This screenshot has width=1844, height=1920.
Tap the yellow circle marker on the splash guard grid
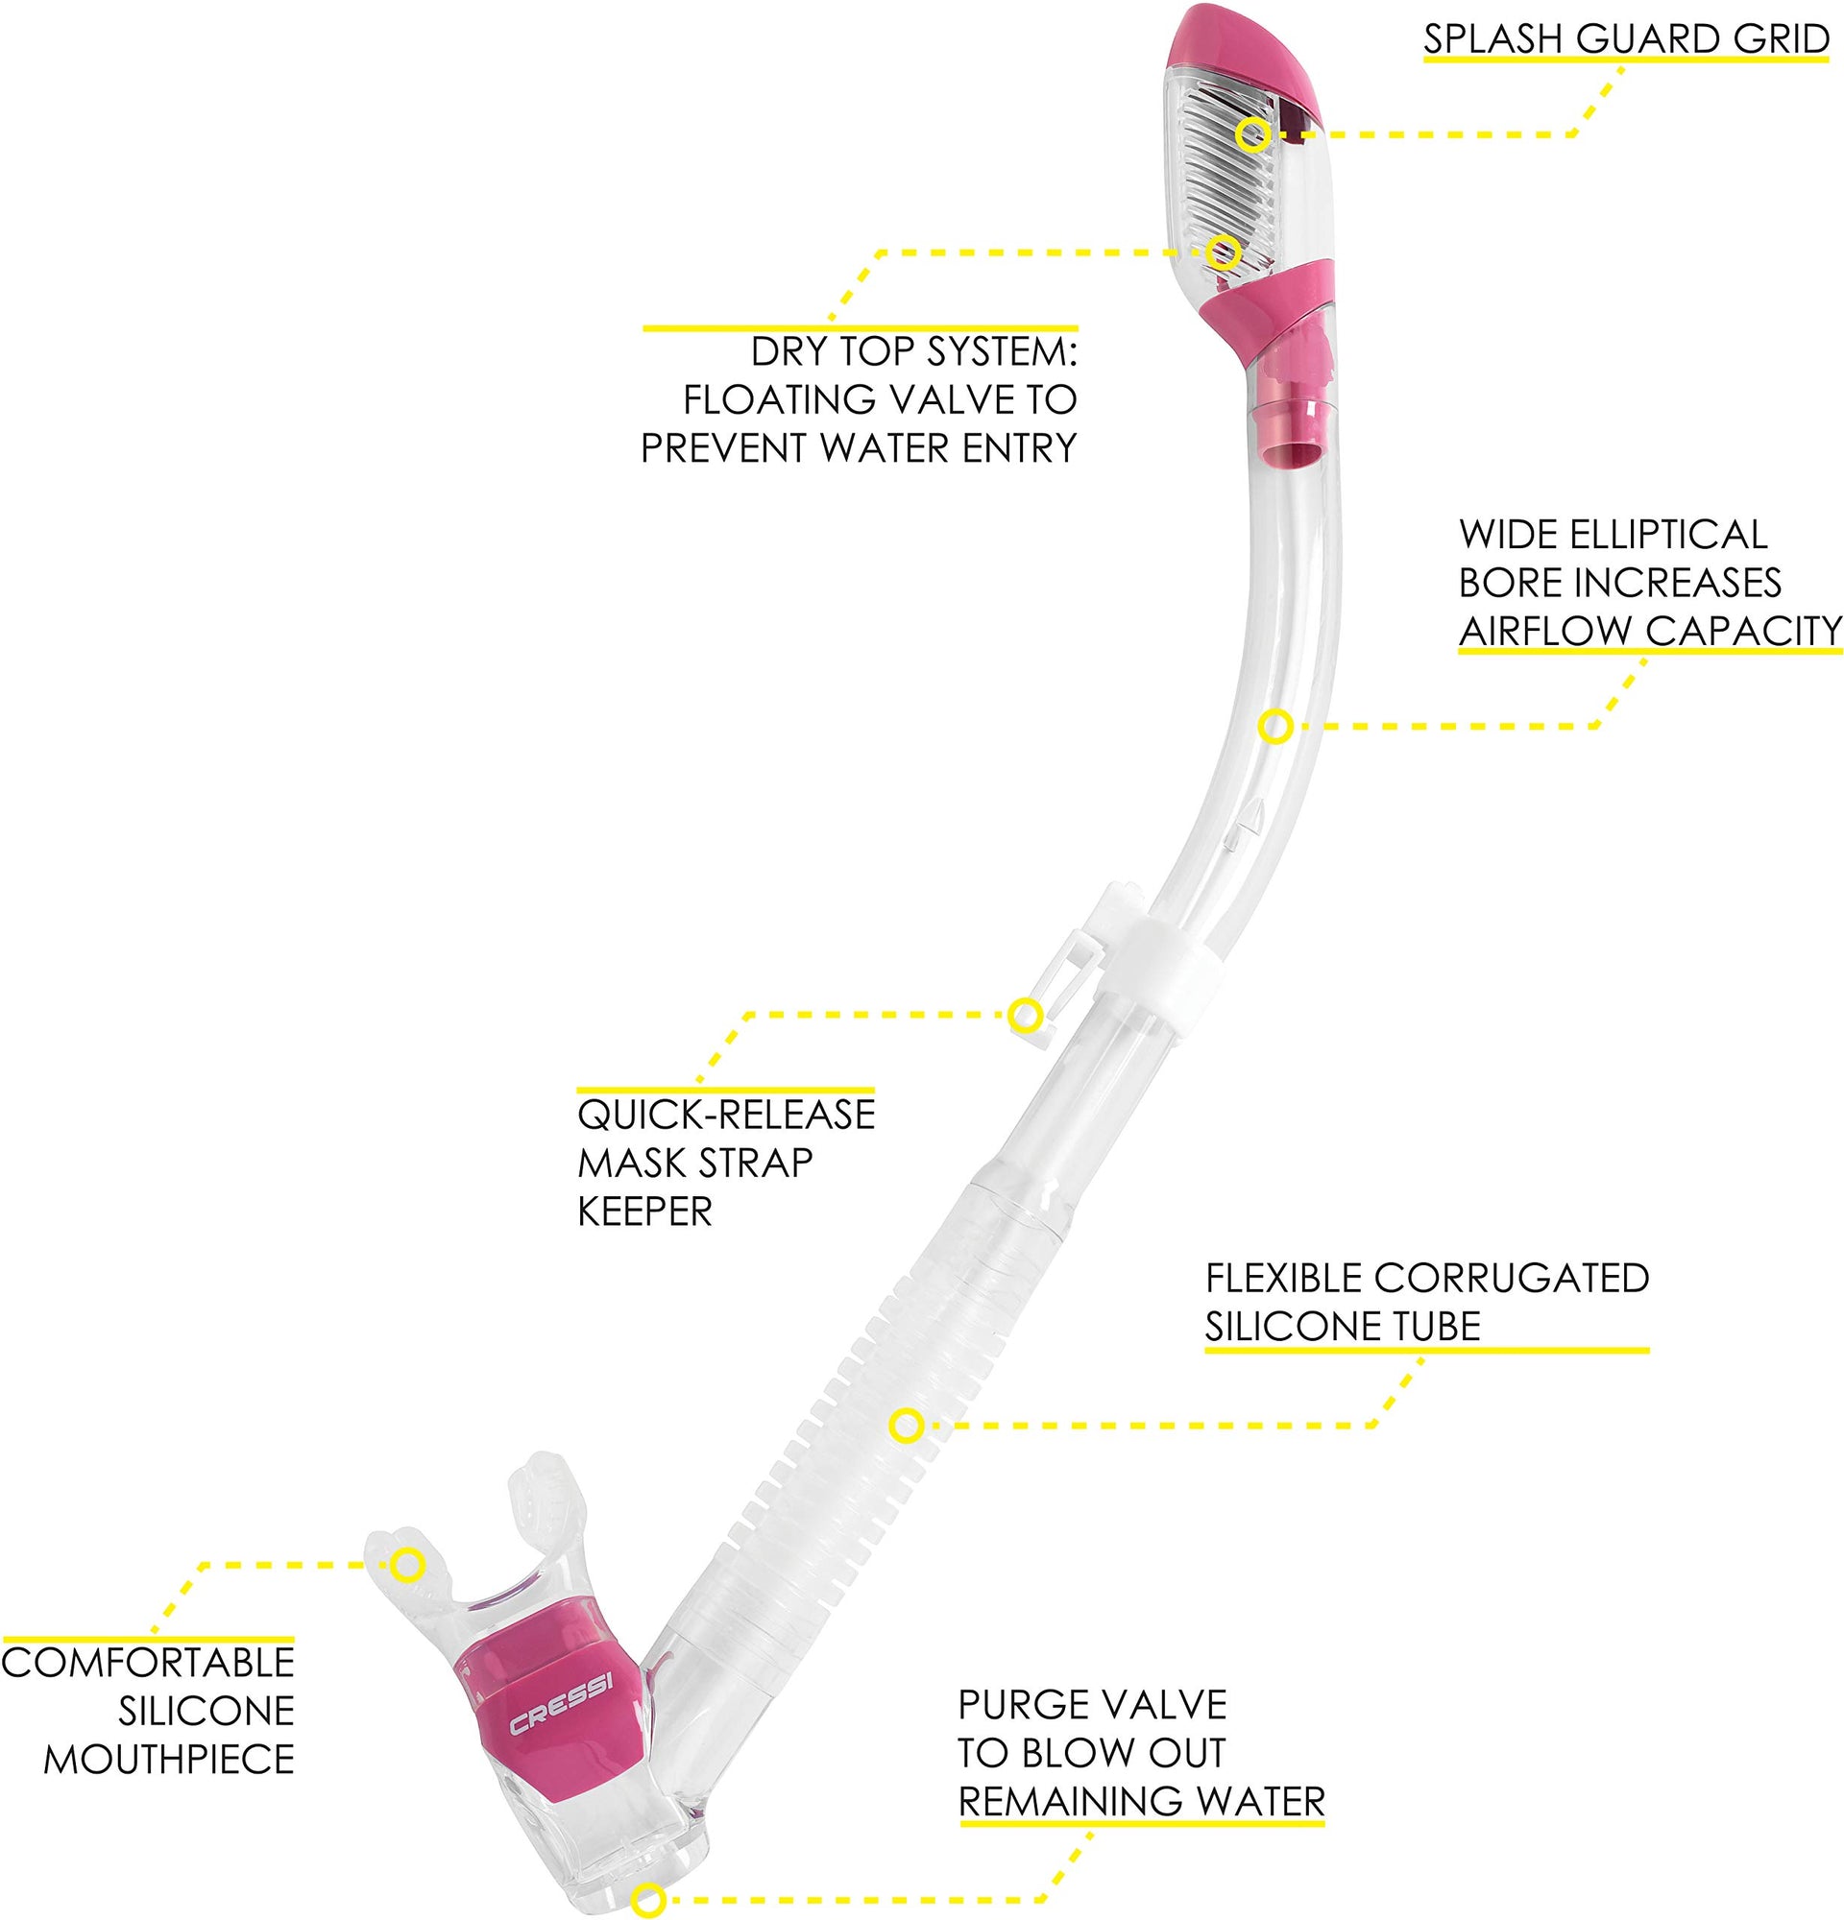click(1252, 133)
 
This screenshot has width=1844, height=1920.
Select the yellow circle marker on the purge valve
click(648, 1900)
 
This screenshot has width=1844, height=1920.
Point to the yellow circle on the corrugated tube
click(907, 1425)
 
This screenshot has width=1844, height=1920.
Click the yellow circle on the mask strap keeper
click(1025, 1015)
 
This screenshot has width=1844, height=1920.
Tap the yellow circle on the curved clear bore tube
click(1274, 726)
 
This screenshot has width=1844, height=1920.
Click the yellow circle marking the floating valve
click(1222, 252)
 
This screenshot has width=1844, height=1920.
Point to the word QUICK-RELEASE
click(726, 1115)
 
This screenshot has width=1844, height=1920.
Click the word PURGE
click(1022, 1706)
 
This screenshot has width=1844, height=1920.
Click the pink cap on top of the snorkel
click(1250, 44)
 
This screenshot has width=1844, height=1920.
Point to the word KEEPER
click(644, 1212)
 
